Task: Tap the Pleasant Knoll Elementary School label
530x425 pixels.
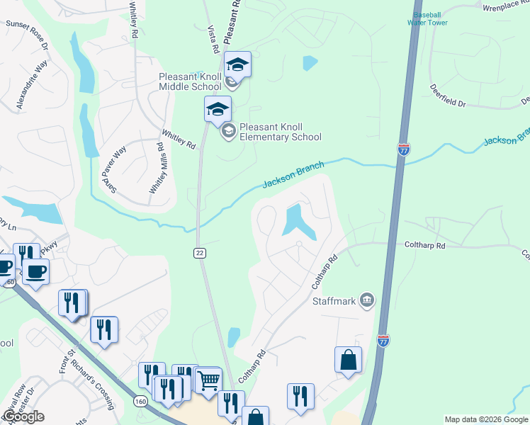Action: pyautogui.click(x=280, y=132)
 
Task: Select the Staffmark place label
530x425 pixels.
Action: pyautogui.click(x=337, y=300)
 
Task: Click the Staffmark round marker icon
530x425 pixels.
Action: pyautogui.click(x=366, y=300)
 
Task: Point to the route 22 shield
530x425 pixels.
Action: pyautogui.click(x=200, y=253)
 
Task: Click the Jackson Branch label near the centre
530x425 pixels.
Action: pyautogui.click(x=293, y=175)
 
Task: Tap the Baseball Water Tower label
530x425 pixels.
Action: pyautogui.click(x=427, y=18)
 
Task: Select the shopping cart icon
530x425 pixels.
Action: pyautogui.click(x=208, y=380)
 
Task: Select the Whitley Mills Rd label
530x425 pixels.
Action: pyautogui.click(x=157, y=168)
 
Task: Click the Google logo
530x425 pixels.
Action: pyautogui.click(x=23, y=416)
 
